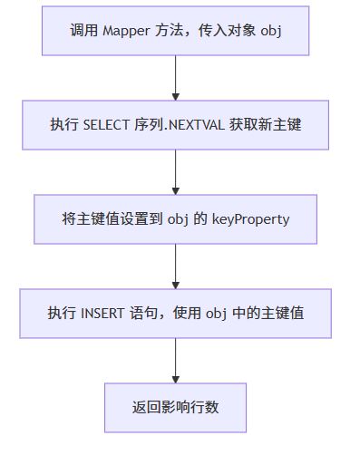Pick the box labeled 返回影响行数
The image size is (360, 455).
[175, 407]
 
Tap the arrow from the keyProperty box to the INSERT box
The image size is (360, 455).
[175, 266]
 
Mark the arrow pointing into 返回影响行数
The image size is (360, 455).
[175, 360]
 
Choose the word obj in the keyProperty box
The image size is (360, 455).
[178, 218]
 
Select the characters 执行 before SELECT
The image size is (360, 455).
[63, 124]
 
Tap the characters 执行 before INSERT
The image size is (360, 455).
[62, 313]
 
